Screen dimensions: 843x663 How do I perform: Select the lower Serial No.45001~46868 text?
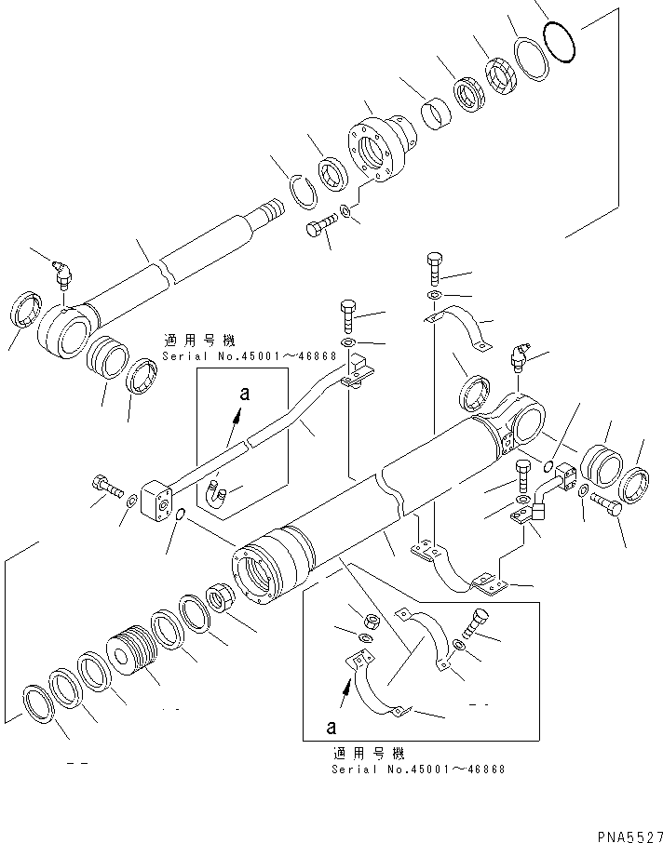418,769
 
